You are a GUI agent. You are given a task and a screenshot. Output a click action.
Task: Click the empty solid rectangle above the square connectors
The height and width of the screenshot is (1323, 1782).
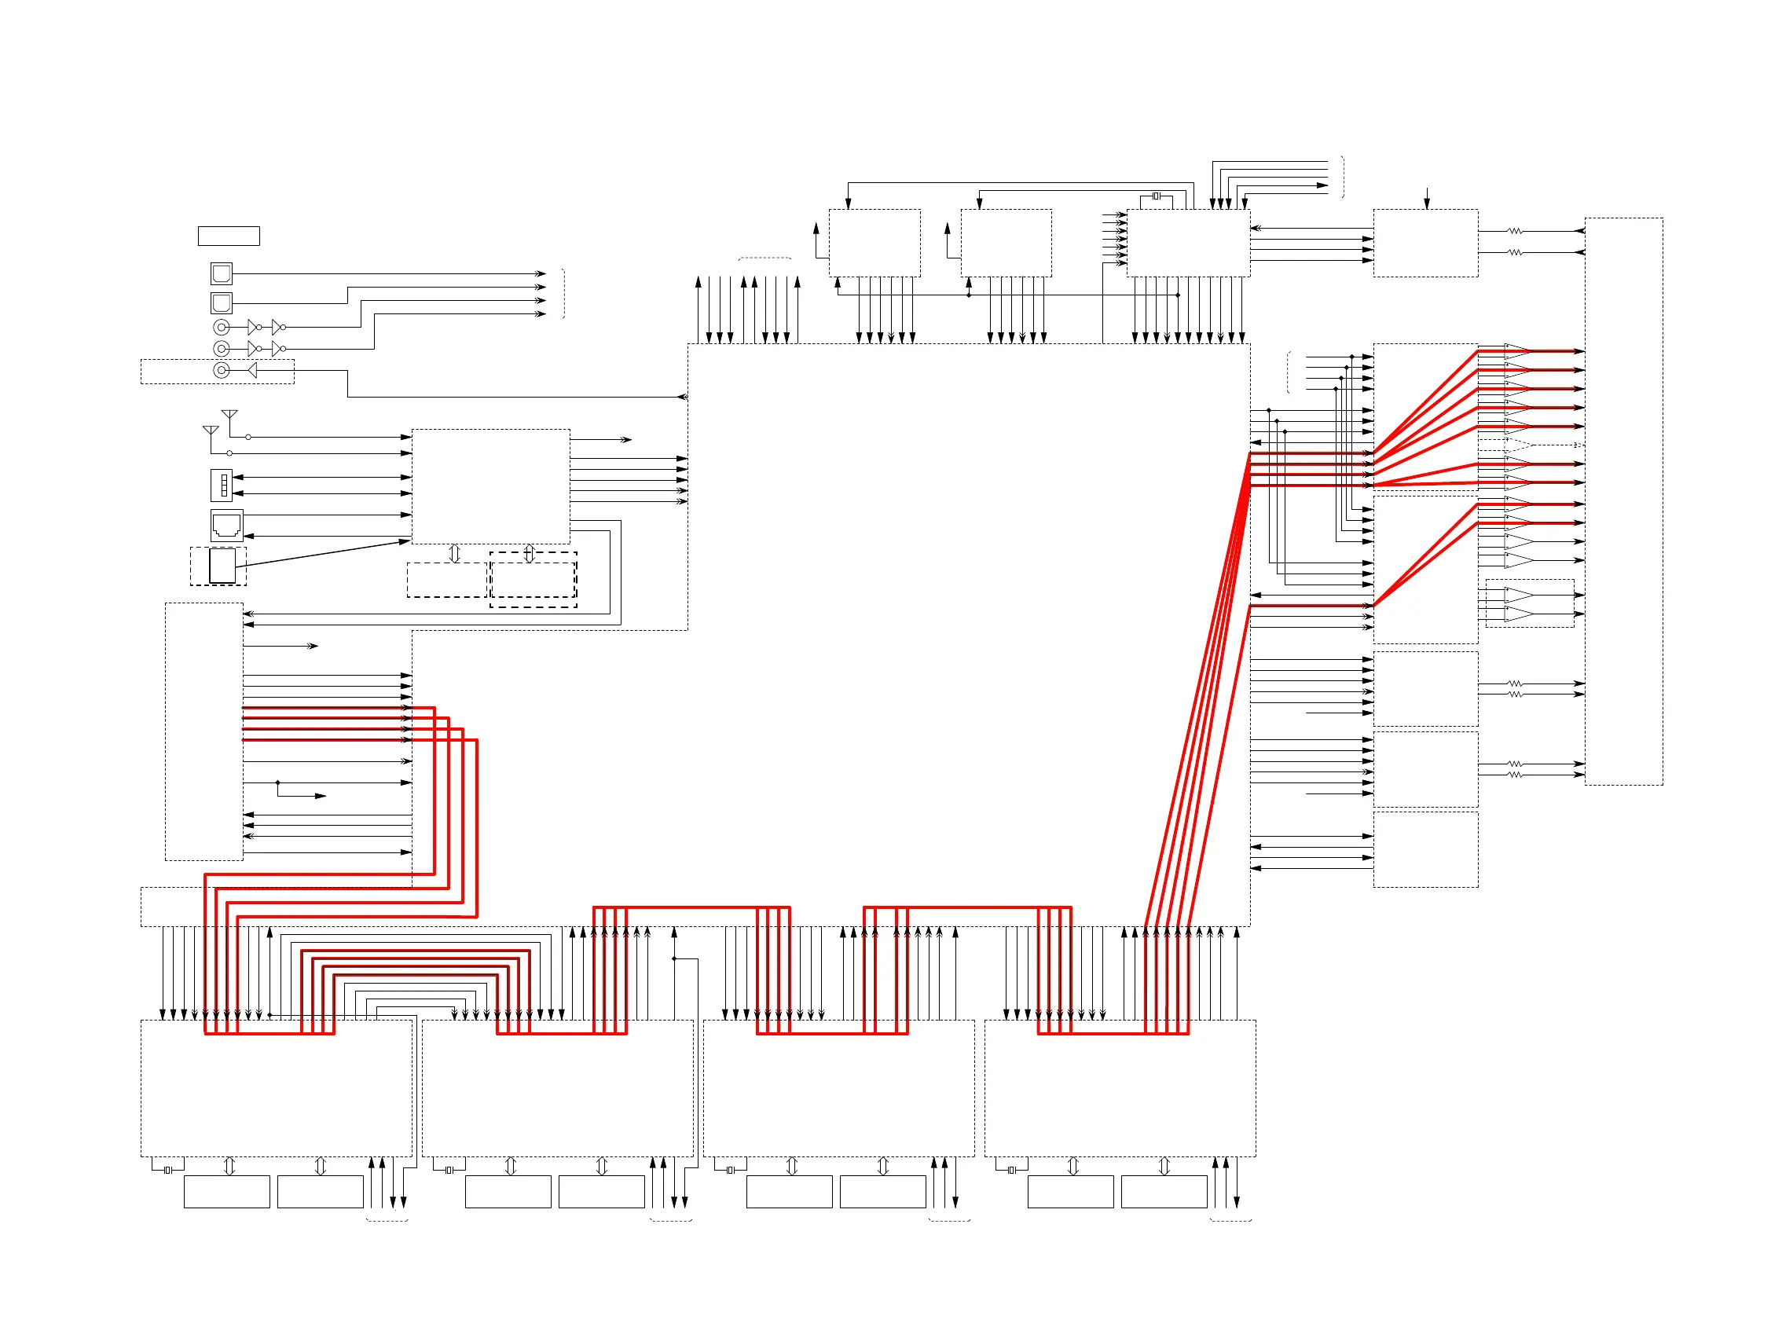tap(229, 236)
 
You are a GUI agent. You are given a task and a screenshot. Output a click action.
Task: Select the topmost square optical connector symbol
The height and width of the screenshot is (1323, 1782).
tap(221, 274)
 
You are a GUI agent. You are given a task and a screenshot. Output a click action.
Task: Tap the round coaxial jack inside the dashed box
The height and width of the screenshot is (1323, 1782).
tap(222, 371)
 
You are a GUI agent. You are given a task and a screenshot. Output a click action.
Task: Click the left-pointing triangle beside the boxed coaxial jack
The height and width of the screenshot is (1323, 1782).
tap(252, 371)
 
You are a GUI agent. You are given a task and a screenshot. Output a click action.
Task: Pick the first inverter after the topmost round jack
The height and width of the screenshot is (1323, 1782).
tap(253, 328)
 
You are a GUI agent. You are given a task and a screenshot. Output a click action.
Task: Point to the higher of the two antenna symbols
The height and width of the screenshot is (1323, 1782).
tap(229, 415)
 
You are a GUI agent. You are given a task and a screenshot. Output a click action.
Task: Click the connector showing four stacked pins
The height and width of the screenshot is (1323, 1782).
tap(222, 486)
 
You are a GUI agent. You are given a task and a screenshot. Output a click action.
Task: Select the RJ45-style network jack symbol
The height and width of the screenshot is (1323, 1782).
tap(226, 526)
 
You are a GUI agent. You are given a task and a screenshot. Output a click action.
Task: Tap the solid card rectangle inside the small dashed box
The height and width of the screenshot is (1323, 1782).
tap(222, 566)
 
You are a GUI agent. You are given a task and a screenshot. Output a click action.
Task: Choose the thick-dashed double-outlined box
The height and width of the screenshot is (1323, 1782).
tap(533, 580)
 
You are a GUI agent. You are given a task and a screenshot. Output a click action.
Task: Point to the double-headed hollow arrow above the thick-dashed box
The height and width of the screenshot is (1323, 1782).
tap(529, 553)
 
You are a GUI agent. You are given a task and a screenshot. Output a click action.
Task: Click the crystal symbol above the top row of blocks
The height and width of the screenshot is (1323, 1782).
tap(1156, 196)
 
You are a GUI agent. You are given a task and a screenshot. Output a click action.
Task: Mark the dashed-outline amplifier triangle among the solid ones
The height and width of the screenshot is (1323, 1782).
tap(1519, 445)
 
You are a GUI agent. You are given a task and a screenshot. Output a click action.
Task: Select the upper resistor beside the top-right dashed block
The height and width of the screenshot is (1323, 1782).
tap(1514, 232)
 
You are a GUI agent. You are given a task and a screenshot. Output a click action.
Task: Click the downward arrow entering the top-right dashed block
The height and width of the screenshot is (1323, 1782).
tap(1426, 199)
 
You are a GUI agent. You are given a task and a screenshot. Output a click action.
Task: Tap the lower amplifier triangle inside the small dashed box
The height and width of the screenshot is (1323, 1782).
tap(1519, 614)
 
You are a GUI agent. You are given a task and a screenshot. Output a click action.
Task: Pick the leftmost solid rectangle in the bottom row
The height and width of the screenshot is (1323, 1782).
tap(226, 1192)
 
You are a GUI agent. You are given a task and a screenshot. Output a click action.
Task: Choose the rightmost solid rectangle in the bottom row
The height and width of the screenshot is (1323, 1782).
tap(1164, 1192)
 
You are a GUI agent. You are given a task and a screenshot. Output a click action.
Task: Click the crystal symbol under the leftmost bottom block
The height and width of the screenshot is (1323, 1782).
tap(167, 1171)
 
